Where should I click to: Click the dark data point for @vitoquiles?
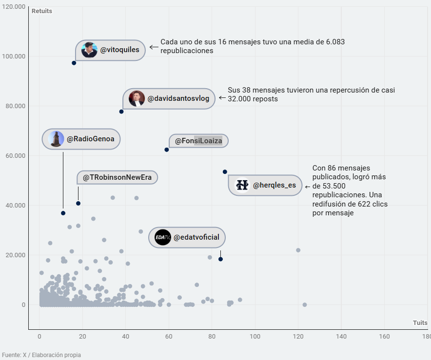tap(74, 63)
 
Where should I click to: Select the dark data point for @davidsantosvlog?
tap(121, 112)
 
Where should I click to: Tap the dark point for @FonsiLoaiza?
tap(166, 150)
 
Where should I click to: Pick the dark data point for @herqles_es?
tap(225, 171)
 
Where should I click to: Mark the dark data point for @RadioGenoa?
tap(63, 213)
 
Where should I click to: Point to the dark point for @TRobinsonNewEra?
tap(78, 203)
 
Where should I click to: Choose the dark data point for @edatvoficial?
tap(220, 259)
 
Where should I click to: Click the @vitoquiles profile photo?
tap(89, 50)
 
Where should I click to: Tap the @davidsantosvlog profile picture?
tap(137, 98)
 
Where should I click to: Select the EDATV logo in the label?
tap(162, 238)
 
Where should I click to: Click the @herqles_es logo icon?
tap(242, 185)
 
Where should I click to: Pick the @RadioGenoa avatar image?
tap(57, 139)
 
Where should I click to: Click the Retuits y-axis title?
tap(41, 11)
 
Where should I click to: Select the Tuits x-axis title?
tap(420, 323)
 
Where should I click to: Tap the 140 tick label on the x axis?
tap(341, 337)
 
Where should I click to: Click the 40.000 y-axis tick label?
tap(15, 206)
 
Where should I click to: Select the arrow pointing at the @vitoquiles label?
tap(154, 47)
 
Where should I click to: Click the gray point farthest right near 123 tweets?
tap(305, 304)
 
